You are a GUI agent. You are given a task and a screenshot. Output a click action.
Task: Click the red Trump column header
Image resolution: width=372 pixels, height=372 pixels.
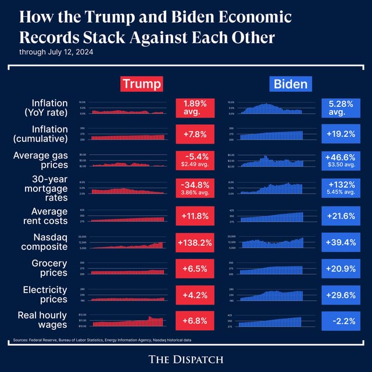[141, 84]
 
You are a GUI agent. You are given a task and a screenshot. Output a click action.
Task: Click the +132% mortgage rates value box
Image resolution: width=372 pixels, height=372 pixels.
[341, 188]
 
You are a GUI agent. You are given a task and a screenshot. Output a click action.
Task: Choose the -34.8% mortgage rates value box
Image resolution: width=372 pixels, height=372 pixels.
[191, 188]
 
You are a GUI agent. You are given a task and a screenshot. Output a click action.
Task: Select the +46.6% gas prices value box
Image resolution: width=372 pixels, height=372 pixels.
[341, 160]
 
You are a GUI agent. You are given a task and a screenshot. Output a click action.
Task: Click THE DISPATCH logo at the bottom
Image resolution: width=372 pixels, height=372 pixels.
[186, 359]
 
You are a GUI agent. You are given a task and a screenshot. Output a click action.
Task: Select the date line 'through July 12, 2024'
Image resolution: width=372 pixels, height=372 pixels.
[56, 52]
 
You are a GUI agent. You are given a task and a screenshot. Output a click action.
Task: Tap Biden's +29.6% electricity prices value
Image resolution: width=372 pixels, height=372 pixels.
[341, 295]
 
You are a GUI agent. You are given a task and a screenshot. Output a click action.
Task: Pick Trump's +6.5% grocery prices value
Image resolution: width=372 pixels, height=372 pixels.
[191, 269]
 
